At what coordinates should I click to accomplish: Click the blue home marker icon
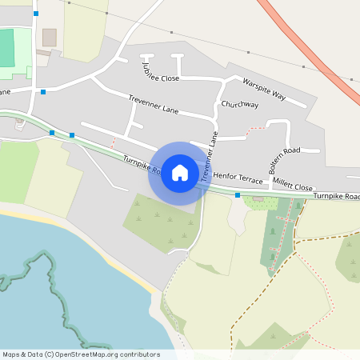180,173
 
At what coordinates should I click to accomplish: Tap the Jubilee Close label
160,70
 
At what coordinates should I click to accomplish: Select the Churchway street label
240,105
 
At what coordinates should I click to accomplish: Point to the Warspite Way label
264,88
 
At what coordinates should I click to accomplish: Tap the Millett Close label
292,186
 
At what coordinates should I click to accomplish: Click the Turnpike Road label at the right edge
336,196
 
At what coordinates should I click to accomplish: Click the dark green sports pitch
6,48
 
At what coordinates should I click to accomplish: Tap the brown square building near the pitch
50,38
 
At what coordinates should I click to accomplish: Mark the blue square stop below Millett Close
238,194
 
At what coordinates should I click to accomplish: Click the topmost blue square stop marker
36,14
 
